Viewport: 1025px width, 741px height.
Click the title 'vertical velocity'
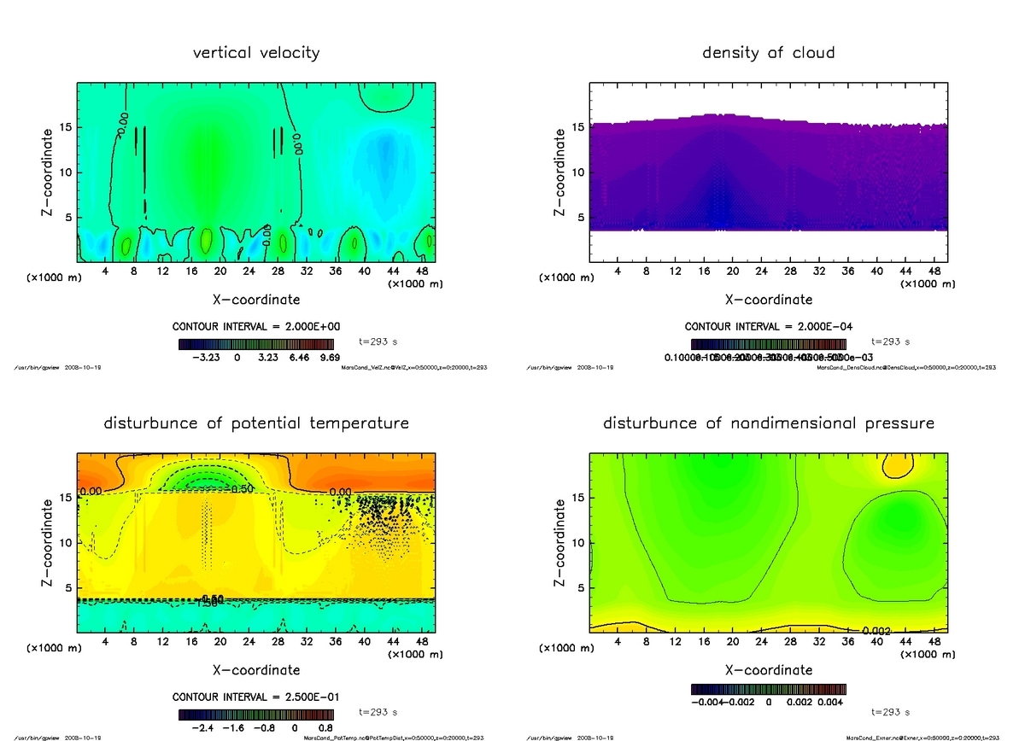256,53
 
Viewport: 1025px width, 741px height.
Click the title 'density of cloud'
768,53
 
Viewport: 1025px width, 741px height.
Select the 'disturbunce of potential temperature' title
256,423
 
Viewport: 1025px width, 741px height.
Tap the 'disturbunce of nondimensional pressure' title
768,423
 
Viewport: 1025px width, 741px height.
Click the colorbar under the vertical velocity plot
255,344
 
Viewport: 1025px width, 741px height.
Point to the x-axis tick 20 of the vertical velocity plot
220,271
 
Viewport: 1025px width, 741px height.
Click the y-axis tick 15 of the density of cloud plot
577,128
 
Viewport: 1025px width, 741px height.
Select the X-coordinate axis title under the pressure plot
768,670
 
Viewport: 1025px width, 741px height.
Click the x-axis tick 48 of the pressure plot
934,642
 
